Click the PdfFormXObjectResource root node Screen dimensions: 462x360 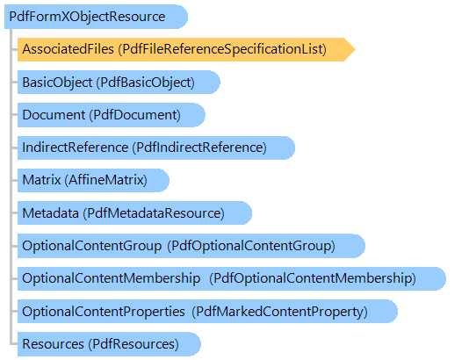(x=96, y=17)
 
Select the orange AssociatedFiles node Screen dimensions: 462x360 (x=186, y=49)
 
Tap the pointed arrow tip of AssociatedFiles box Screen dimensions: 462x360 (x=355, y=49)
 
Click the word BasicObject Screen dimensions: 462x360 (x=57, y=83)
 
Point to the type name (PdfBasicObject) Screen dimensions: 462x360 (x=145, y=83)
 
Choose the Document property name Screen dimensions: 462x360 (x=54, y=115)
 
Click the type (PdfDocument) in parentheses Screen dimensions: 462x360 (x=134, y=115)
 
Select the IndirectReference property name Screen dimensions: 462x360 (x=76, y=148)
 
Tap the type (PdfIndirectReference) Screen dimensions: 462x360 (x=199, y=148)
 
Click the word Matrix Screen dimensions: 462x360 (x=41, y=180)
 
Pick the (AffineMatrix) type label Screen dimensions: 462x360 (x=105, y=180)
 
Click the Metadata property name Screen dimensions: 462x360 (x=51, y=212)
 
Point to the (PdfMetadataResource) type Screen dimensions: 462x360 (x=154, y=212)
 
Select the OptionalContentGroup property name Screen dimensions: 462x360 (x=92, y=246)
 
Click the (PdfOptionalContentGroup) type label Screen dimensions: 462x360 (x=251, y=246)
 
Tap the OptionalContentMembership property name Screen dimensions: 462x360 (x=112, y=278)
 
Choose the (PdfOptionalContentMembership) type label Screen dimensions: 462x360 (x=313, y=278)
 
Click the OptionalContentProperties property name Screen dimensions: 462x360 (x=104, y=312)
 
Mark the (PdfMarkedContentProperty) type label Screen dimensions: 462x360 (x=280, y=312)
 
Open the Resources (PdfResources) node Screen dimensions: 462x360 (x=109, y=344)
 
